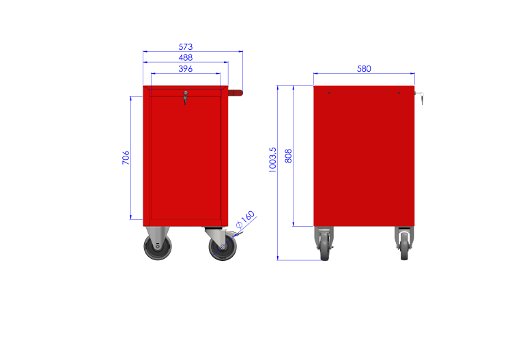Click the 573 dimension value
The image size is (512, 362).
tap(186, 47)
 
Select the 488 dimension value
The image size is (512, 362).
tap(186, 58)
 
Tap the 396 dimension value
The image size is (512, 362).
tap(186, 69)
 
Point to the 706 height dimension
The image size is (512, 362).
tap(126, 158)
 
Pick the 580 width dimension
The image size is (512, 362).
tap(364, 69)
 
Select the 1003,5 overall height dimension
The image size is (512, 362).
tap(273, 159)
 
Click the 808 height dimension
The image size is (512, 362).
tap(288, 156)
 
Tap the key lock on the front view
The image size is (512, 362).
tap(184, 98)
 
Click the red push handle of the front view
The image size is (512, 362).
tap(235, 92)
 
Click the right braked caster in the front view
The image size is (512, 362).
tap(223, 247)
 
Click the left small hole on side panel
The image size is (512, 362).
tap(329, 93)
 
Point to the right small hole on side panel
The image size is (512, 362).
tap(399, 93)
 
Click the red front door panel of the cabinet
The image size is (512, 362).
tap(184, 161)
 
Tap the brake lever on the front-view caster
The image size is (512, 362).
tap(240, 234)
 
